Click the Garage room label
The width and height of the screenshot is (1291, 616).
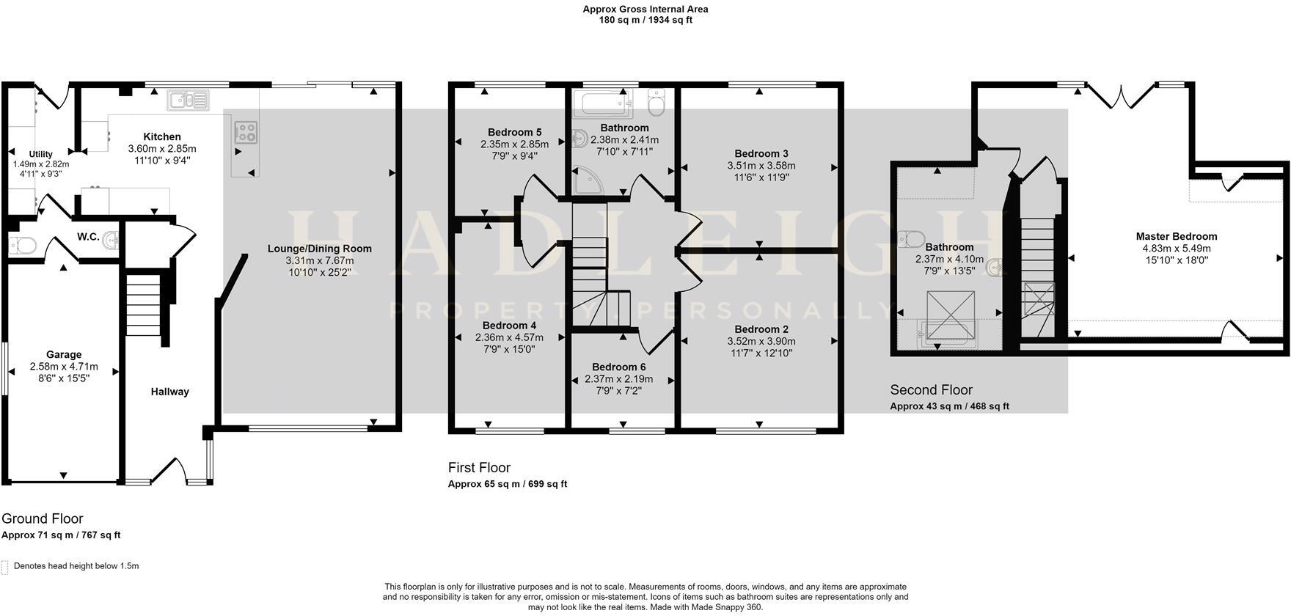click(x=64, y=354)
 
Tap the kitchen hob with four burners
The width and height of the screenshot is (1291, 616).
click(x=245, y=133)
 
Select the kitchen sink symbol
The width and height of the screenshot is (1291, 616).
click(x=189, y=100)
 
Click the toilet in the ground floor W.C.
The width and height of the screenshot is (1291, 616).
click(x=21, y=245)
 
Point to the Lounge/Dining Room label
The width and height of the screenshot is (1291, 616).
click(x=319, y=249)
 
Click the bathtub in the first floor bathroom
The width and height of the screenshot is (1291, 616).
click(x=602, y=104)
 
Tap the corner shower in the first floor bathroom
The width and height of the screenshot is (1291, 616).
click(x=588, y=180)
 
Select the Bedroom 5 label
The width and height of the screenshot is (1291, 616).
click(x=514, y=132)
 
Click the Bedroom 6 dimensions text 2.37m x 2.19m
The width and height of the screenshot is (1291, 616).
click(x=618, y=379)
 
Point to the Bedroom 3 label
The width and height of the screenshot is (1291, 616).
click(x=761, y=153)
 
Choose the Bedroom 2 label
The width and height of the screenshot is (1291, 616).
click(x=761, y=329)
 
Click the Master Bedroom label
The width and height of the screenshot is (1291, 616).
click(x=1176, y=236)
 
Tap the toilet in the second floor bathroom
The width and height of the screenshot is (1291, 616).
click(x=912, y=239)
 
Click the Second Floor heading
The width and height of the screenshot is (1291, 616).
click(x=931, y=390)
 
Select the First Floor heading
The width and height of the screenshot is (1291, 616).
click(x=479, y=468)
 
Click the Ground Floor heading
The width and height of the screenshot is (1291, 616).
click(x=43, y=519)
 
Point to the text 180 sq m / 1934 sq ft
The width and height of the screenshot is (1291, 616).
click(x=645, y=20)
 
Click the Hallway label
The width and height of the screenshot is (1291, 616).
click(x=169, y=392)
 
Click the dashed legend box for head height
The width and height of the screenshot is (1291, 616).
click(x=5, y=567)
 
